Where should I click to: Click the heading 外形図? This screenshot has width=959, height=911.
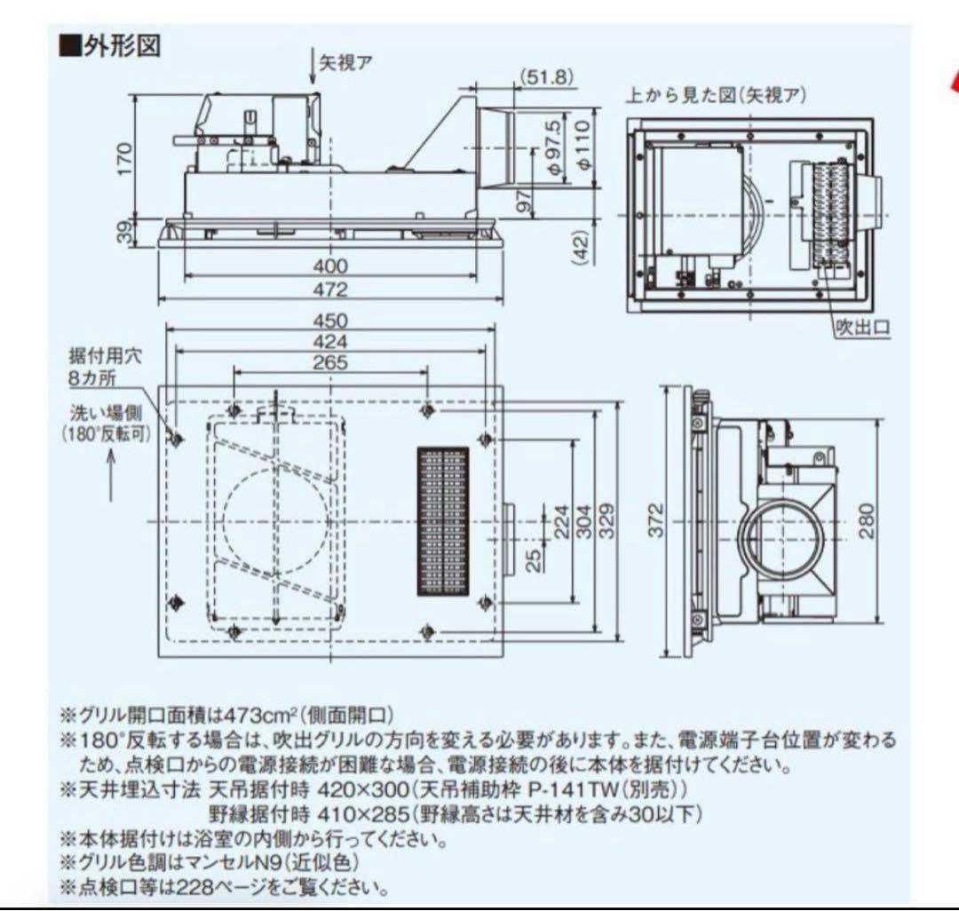point(121,46)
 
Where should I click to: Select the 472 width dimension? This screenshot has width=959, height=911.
point(330,289)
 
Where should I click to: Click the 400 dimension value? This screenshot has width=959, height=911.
point(330,265)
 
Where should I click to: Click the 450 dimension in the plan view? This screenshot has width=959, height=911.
point(330,321)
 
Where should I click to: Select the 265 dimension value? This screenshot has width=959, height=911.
point(330,362)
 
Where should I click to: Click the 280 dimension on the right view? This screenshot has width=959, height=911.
point(867,520)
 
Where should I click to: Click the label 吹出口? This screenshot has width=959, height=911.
point(860,328)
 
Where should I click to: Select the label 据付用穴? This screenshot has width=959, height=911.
point(105,355)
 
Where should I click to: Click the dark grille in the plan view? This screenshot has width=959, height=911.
point(442,520)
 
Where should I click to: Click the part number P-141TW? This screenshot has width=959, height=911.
point(578,788)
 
